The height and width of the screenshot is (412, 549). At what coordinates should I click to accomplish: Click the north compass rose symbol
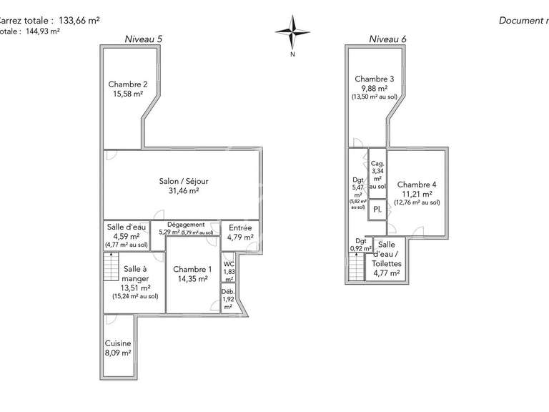tap(292, 31)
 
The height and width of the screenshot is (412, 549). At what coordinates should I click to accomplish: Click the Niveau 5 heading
tap(143, 39)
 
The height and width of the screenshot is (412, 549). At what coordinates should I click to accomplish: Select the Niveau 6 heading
tap(387, 39)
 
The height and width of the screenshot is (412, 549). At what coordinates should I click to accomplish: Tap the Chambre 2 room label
tap(128, 84)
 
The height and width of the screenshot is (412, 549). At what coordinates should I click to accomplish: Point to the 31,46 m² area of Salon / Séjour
tap(183, 191)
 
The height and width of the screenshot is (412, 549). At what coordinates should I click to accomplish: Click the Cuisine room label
tap(118, 343)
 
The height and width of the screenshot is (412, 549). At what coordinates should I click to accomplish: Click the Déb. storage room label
tap(228, 292)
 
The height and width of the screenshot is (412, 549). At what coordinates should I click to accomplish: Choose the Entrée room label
tap(240, 227)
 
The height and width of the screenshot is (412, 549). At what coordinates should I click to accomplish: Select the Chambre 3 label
tap(374, 79)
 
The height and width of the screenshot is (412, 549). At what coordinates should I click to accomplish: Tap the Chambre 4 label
tap(417, 184)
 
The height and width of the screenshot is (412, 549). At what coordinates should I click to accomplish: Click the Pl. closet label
tap(377, 210)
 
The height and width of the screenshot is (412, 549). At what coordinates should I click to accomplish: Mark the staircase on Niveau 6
tap(356, 268)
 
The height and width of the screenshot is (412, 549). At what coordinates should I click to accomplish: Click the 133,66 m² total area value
tap(78, 21)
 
